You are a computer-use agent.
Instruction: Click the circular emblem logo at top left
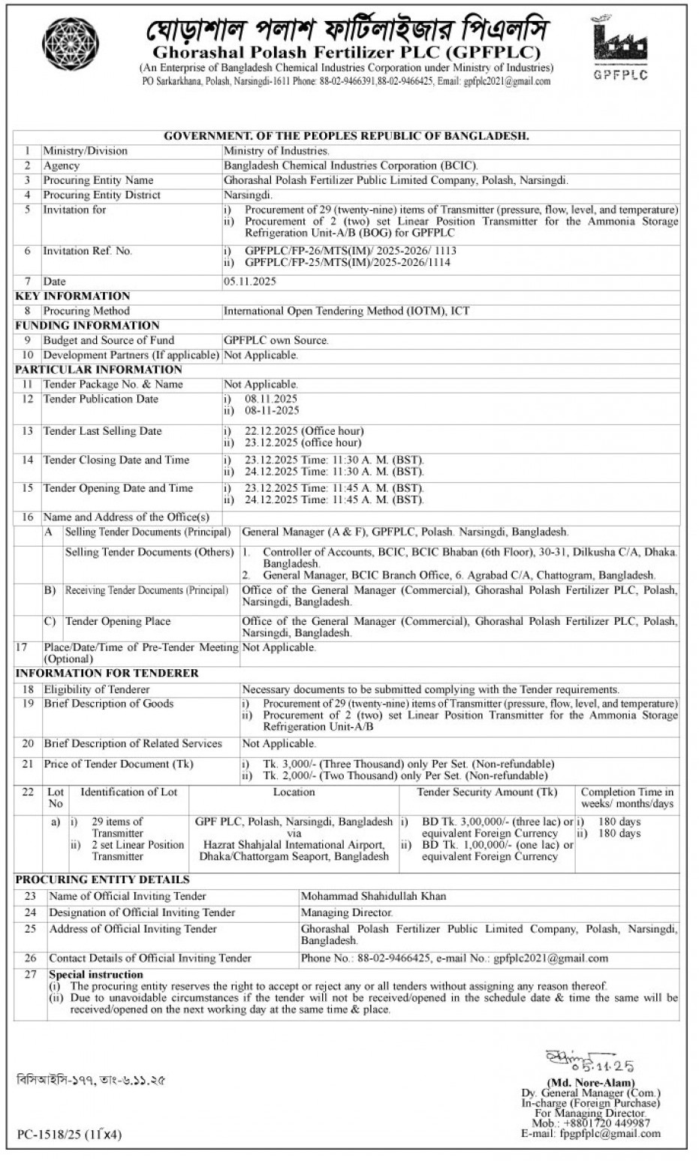click(x=70, y=44)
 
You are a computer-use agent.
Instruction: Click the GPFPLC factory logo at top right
click(x=619, y=47)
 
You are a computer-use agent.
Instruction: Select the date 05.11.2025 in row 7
click(x=250, y=282)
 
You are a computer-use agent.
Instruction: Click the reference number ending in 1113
click(x=351, y=251)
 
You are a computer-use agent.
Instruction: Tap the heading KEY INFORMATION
click(x=72, y=296)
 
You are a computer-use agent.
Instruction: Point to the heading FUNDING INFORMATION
click(x=87, y=325)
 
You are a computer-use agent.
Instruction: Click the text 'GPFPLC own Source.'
click(x=276, y=340)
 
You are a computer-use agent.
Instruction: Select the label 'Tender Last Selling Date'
click(x=102, y=431)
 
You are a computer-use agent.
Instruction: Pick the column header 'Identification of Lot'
click(x=128, y=792)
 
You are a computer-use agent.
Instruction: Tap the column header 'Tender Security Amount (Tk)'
click(x=487, y=792)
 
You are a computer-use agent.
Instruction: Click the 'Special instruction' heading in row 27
click(x=95, y=975)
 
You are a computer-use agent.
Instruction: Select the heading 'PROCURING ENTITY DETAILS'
click(x=102, y=879)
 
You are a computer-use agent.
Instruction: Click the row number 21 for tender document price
click(x=28, y=764)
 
